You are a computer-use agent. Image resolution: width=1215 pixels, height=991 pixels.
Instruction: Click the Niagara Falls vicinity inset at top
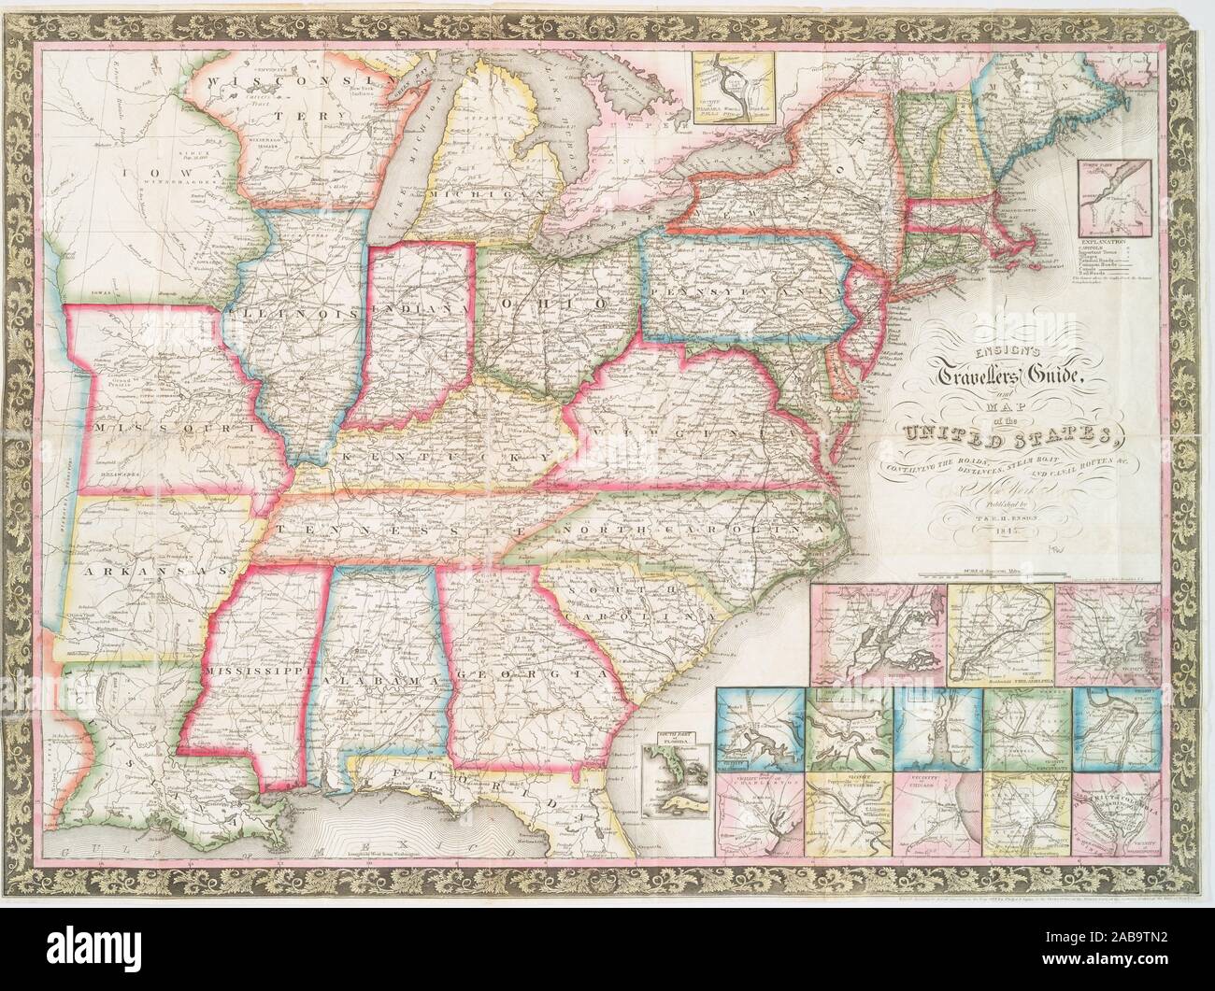click(x=734, y=83)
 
